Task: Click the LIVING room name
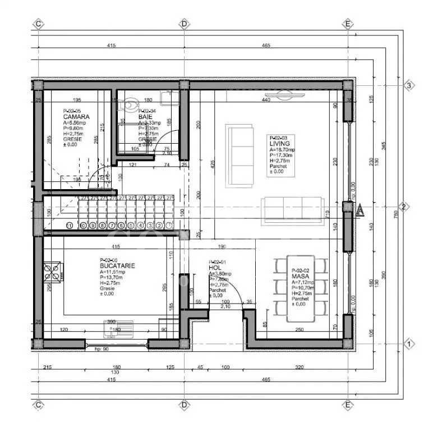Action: point(280,144)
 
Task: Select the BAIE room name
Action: point(145,117)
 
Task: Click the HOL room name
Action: point(214,268)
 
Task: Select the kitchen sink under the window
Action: point(118,328)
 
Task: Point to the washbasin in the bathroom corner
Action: point(168,98)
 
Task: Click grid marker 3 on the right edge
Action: point(409,85)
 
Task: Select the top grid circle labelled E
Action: point(348,24)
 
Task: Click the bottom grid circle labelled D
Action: point(183,404)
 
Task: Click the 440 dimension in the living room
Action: point(265,99)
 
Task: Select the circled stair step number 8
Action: point(93,226)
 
